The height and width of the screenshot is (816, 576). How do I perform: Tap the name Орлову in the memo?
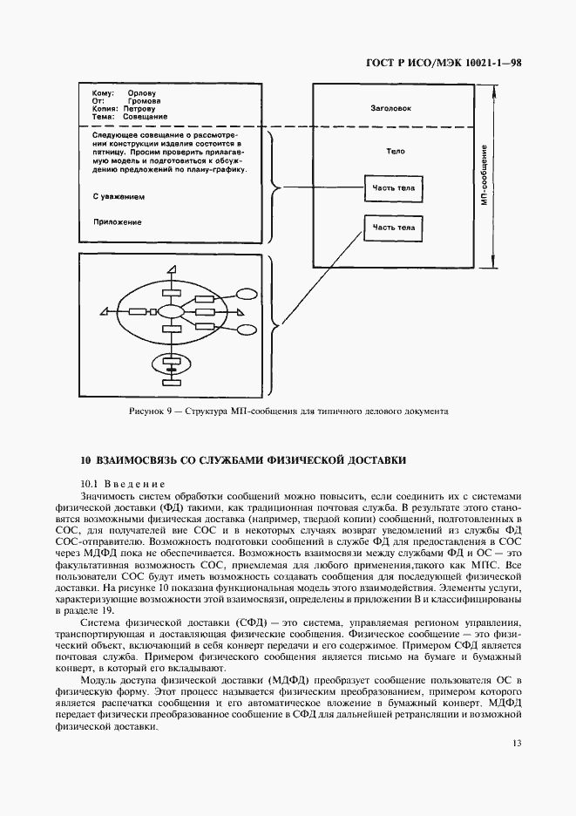click(x=141, y=92)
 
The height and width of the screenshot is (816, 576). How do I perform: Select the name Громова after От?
click(x=143, y=100)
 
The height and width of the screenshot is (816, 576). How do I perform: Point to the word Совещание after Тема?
click(x=146, y=116)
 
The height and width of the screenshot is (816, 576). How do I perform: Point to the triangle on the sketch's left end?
click(x=105, y=311)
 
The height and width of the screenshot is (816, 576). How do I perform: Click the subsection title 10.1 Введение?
click(x=122, y=483)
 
